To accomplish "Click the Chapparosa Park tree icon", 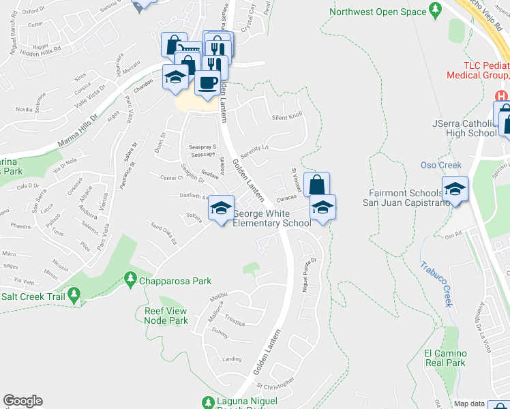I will (x=130, y=279).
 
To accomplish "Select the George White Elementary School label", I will (x=271, y=218).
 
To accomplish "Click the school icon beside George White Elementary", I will (x=221, y=209).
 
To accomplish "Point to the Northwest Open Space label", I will (x=377, y=12).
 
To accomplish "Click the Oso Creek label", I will (x=440, y=165).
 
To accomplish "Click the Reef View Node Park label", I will (x=166, y=316).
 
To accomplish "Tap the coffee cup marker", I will (x=207, y=83).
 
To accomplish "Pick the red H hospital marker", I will (x=502, y=97).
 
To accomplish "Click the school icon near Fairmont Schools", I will (x=455, y=189).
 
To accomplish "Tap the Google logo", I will (x=22, y=402).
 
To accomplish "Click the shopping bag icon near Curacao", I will (x=316, y=185).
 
